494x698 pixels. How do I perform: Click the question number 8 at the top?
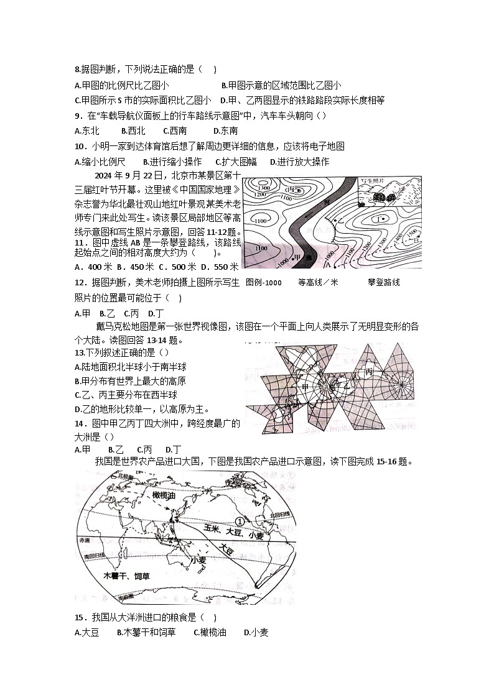coord(78,70)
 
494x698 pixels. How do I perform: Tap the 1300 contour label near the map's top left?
coord(263,187)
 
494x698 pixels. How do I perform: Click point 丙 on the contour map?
coord(289,190)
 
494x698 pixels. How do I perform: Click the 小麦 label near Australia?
coord(199,560)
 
